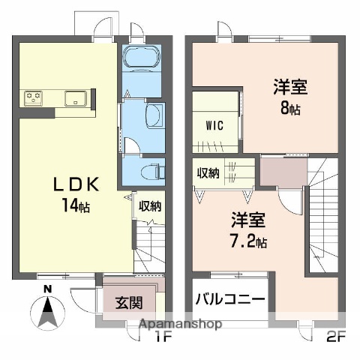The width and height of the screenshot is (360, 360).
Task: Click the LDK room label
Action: coord(73,185)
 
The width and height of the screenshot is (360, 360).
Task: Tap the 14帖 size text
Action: coord(73,206)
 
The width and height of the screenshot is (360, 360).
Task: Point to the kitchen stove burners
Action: coord(34,96)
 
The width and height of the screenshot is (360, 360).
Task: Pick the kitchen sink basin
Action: coord(76,97)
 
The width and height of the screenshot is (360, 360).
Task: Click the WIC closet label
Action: coord(214,125)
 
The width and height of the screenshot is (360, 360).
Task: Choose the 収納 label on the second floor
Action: coord(208,174)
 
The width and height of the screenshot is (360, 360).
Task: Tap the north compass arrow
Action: coord(47,309)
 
